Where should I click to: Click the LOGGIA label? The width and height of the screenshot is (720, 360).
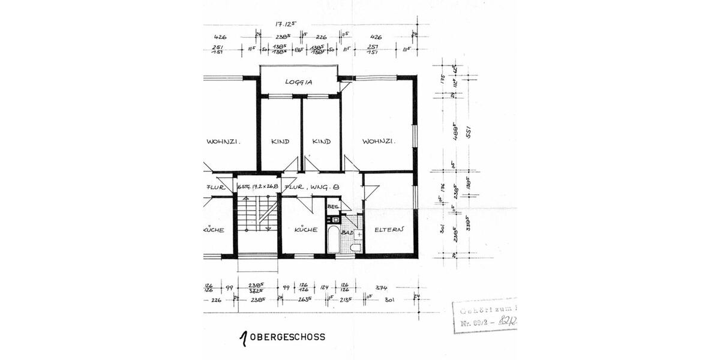[x=299, y=82]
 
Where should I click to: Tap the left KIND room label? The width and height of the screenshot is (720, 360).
[x=280, y=142]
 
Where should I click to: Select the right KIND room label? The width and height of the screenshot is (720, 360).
[x=322, y=142]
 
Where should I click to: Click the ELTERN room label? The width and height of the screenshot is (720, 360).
[x=389, y=229]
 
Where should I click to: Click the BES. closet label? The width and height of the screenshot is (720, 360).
[x=333, y=207]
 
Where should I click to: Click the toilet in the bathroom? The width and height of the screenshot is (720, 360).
[x=355, y=248]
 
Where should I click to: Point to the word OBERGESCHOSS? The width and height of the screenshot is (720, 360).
[x=287, y=337]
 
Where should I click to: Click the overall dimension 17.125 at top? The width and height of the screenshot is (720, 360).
[x=287, y=25]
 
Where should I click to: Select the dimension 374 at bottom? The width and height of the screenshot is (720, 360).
[x=381, y=287]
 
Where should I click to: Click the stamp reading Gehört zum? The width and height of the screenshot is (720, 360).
[x=486, y=311]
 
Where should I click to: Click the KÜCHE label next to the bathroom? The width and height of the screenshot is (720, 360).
[x=305, y=229]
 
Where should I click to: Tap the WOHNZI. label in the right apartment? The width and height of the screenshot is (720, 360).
[x=377, y=142]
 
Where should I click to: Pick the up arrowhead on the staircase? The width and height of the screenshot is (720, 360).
[x=246, y=198]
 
